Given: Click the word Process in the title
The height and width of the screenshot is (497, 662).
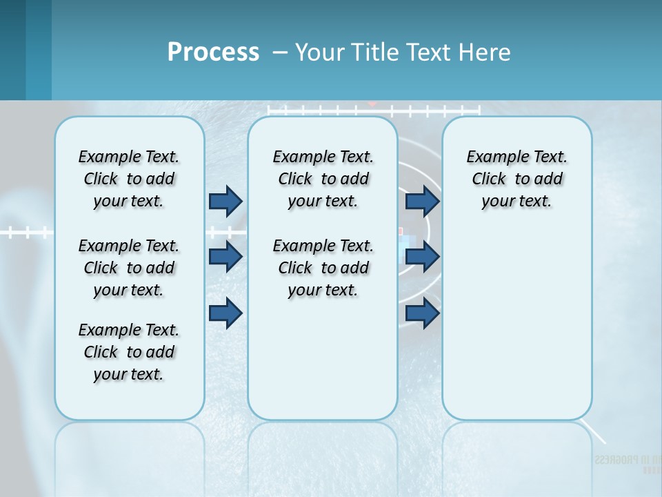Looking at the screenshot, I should [213, 52].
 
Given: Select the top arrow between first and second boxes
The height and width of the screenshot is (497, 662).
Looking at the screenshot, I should [225, 201].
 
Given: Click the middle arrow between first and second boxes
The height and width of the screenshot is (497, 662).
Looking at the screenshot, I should [225, 257].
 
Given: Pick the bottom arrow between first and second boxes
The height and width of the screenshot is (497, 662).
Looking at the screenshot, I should [225, 313].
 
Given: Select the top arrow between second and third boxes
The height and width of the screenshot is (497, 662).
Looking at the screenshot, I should [422, 201].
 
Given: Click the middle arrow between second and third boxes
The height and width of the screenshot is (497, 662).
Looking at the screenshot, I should [422, 257].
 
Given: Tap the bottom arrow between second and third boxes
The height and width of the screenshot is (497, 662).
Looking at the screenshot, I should [422, 313].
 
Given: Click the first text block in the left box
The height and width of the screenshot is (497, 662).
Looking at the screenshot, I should [129, 179].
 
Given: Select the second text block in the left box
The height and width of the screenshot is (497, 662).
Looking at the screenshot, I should [129, 268].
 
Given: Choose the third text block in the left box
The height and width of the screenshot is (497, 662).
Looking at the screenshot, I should [129, 352].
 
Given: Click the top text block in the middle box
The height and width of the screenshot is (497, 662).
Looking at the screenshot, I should [323, 179].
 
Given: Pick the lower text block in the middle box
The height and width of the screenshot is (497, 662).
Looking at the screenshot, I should [323, 268].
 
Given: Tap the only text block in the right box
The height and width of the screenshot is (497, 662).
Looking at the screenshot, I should [516, 179].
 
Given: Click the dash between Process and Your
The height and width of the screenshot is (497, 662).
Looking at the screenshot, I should [280, 52].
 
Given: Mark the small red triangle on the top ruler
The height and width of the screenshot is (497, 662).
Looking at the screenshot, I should [372, 104].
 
